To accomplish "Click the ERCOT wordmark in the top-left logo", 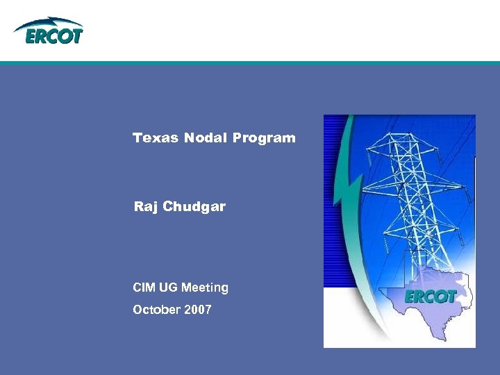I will tap(54, 36).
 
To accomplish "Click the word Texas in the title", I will tap(156, 137).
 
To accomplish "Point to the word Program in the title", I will tap(264, 137).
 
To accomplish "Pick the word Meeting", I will tap(205, 287).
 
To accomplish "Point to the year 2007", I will tap(198, 309).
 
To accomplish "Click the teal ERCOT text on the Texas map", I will tap(430, 297).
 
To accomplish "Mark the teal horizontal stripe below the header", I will tap(250, 62).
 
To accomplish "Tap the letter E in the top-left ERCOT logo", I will tap(31, 36).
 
